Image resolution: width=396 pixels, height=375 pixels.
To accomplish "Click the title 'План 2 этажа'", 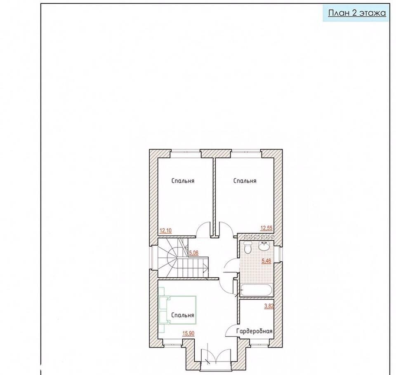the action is tap(357, 13).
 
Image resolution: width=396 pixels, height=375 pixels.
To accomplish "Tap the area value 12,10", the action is tap(166, 230).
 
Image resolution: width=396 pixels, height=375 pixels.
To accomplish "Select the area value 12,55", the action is tap(266, 228).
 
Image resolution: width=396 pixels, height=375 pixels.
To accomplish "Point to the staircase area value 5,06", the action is tap(194, 253).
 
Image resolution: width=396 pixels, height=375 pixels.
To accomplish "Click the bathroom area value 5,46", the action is tap(266, 261).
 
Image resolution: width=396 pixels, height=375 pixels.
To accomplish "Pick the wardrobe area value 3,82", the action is tap(269, 306).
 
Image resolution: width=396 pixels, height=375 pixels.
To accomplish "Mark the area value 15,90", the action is tap(189, 333).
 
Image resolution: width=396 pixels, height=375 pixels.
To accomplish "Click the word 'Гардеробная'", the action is tap(255, 331).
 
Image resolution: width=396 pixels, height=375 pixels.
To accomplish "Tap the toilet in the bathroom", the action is tap(247, 248).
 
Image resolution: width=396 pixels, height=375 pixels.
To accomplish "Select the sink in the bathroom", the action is tap(264, 246).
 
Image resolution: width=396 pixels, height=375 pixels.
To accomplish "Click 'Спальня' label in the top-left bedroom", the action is tap(183, 181).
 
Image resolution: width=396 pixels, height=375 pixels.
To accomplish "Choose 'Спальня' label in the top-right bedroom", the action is tap(245, 181).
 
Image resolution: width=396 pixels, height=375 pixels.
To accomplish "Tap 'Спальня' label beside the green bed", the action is tap(183, 315).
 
